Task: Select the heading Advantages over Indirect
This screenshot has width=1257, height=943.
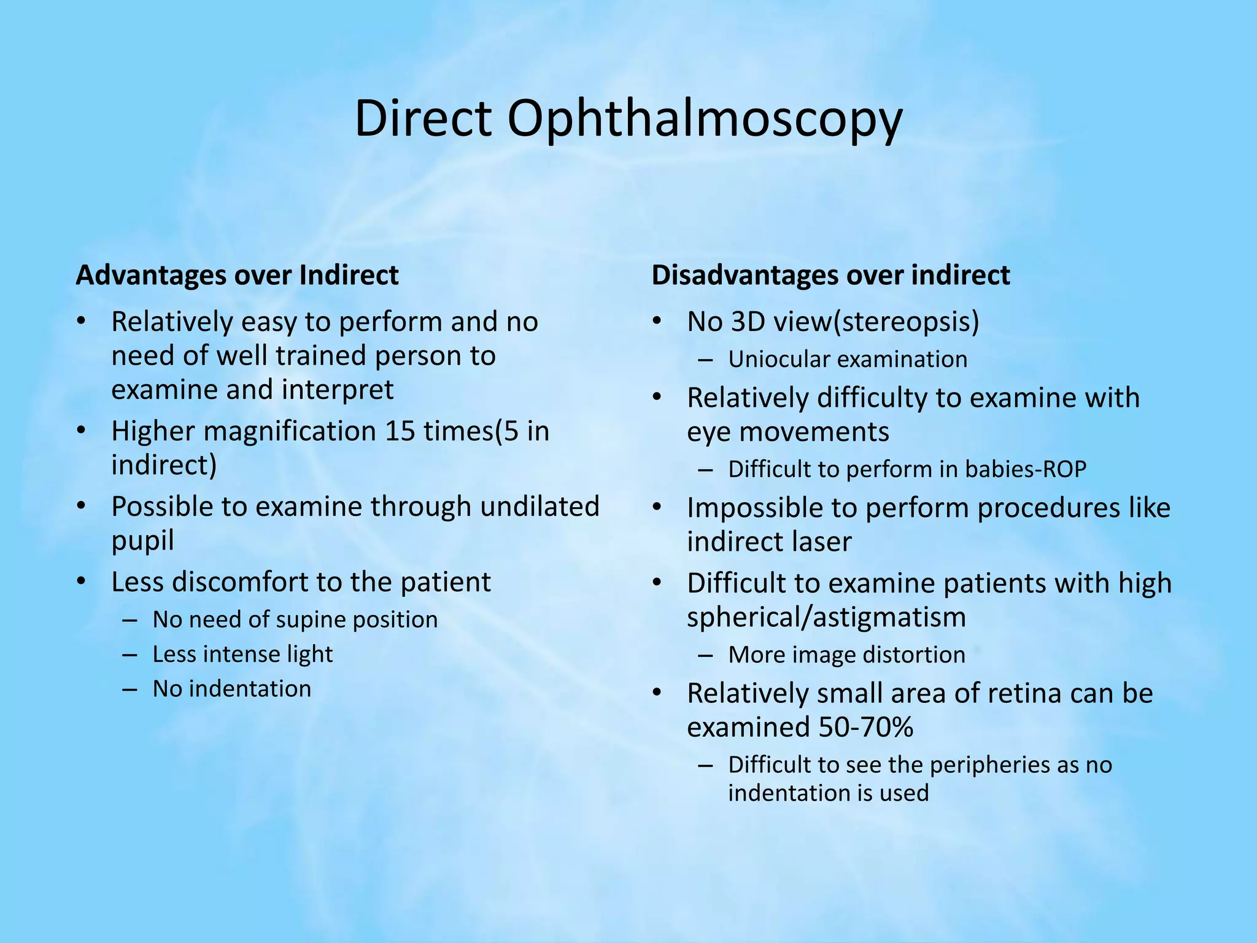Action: pyautogui.click(x=237, y=275)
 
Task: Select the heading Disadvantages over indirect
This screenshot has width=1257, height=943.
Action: pyautogui.click(x=830, y=275)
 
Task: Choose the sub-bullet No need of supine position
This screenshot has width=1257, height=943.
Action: pyautogui.click(x=295, y=619)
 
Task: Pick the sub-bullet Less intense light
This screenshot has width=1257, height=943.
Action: pyautogui.click(x=242, y=654)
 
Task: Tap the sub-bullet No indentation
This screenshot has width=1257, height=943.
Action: pyautogui.click(x=231, y=689)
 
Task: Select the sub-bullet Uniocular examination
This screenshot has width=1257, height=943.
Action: pyautogui.click(x=848, y=359)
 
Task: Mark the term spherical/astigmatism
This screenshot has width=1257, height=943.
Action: pyautogui.click(x=826, y=617)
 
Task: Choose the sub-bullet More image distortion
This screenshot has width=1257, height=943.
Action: pyautogui.click(x=846, y=654)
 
